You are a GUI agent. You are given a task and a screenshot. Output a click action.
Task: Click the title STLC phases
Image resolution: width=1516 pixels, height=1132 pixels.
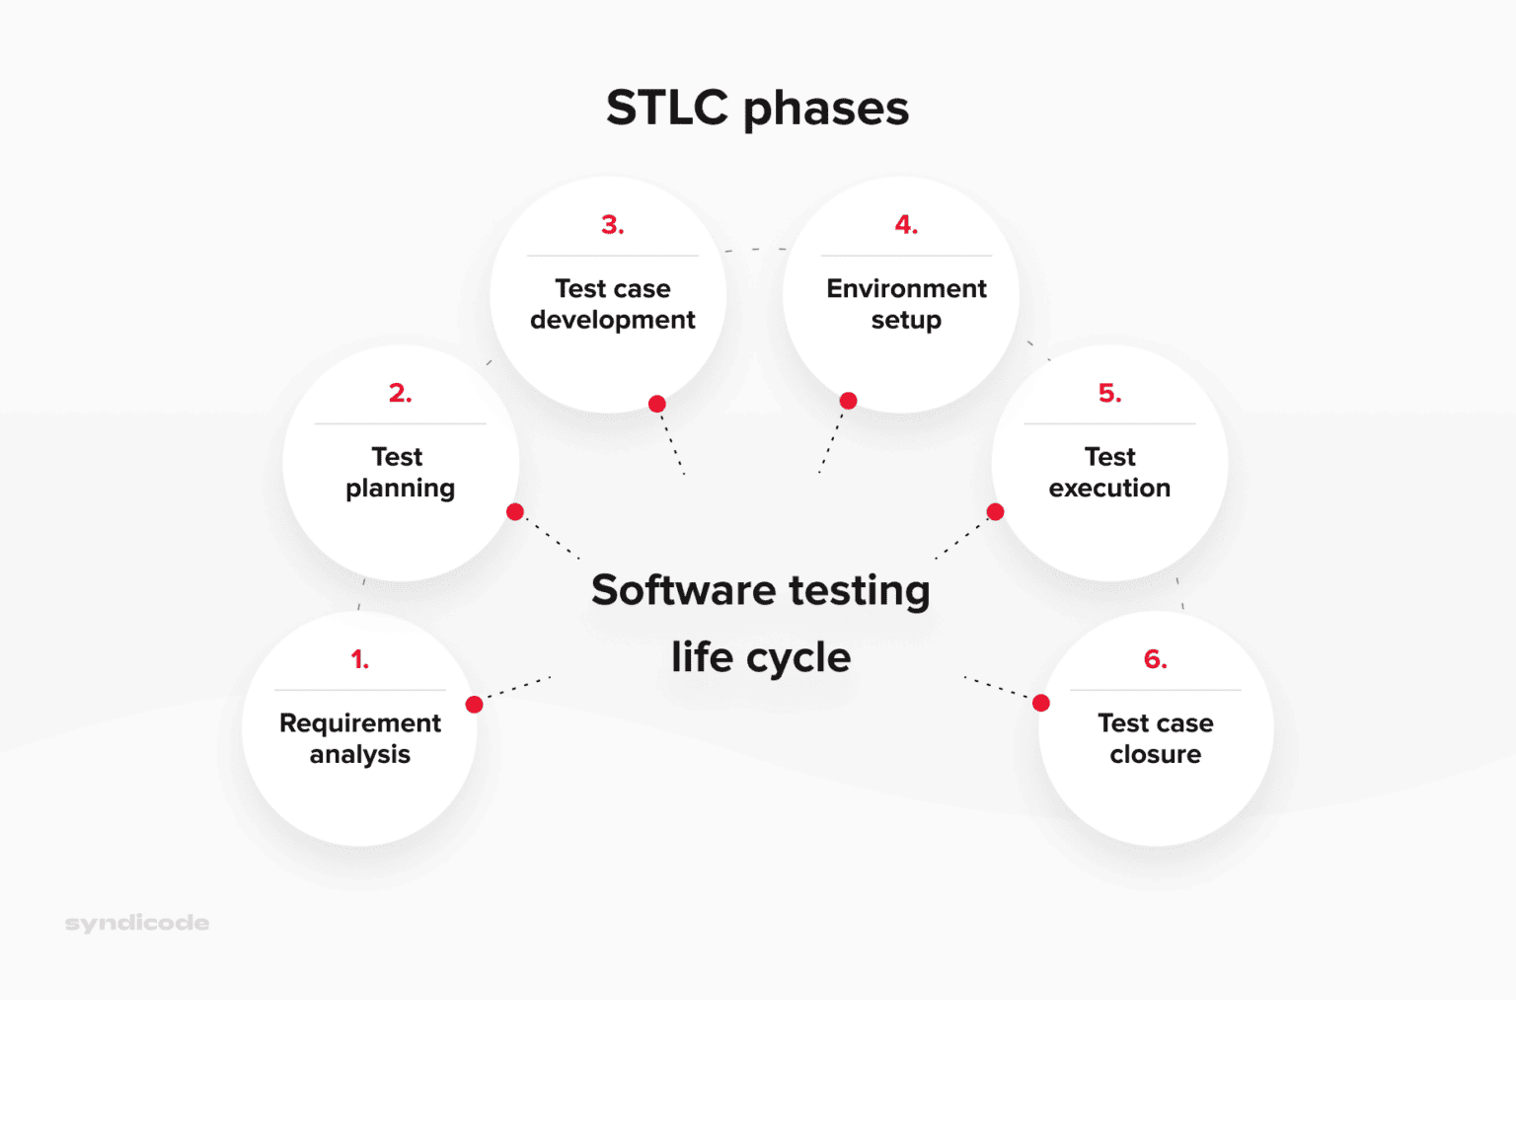[758, 110]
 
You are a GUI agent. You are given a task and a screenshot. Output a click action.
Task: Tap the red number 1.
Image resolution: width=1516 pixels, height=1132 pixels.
[360, 659]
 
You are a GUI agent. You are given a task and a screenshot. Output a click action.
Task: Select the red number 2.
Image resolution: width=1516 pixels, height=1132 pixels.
[400, 393]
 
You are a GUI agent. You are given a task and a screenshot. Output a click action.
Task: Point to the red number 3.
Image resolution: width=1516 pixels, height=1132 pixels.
[613, 224]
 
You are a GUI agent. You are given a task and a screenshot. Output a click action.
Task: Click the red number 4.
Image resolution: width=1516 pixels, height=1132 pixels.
[906, 224]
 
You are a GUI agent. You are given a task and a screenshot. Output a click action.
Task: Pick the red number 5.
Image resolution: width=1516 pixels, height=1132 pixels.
[1110, 393]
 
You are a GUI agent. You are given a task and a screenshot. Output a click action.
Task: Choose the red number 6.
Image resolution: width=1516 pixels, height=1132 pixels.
[1156, 659]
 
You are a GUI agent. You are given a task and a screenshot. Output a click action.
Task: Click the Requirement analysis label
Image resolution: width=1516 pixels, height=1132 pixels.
[360, 738]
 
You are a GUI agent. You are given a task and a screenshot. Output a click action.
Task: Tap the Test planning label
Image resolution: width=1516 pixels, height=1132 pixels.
[400, 473]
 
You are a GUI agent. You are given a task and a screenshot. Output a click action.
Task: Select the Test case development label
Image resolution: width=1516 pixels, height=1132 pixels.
[613, 304]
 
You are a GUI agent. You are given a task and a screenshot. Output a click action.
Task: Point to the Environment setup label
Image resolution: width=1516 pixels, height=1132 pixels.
[906, 304]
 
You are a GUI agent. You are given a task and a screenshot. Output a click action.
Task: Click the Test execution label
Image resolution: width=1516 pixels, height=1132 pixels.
[1110, 473]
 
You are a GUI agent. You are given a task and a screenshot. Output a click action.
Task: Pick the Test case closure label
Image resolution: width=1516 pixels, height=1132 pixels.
[1156, 738]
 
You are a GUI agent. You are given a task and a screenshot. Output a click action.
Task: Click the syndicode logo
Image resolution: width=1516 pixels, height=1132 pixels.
[137, 924]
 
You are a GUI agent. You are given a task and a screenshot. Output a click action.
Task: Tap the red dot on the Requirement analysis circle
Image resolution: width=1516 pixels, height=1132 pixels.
[474, 705]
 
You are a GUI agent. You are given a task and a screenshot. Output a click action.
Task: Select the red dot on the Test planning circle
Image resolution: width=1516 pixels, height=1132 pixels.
[514, 512]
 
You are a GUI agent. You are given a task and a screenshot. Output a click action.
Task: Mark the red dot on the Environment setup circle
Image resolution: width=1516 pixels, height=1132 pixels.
[848, 401]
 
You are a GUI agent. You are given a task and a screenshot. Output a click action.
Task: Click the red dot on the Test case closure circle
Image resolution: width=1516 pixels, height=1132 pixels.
[1041, 703]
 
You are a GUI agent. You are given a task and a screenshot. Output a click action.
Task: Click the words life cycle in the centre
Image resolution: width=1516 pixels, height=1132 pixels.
[760, 657]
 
